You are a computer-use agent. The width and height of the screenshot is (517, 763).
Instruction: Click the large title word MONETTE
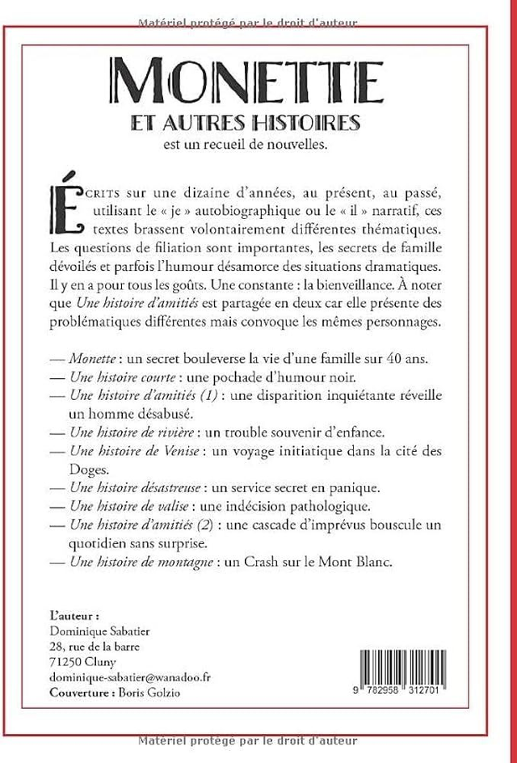[x=248, y=82]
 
